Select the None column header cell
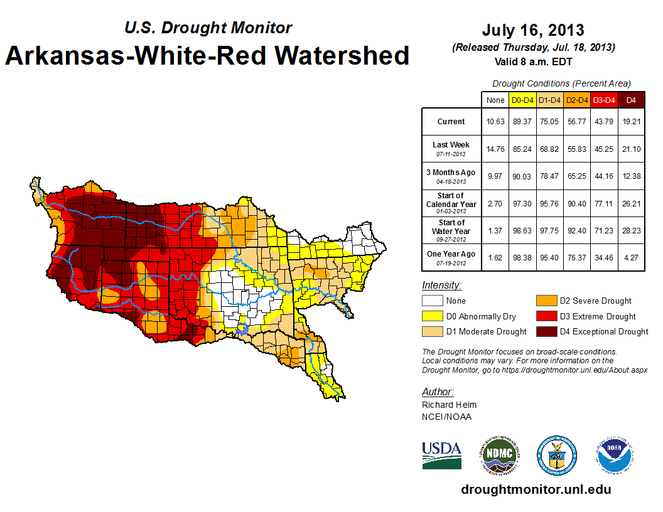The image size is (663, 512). pyautogui.click(x=495, y=100)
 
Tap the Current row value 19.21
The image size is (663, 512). pyautogui.click(x=632, y=122)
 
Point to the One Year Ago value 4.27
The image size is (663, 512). pyautogui.click(x=632, y=257)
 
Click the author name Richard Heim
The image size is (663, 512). pyautogui.click(x=449, y=405)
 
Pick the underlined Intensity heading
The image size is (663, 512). pyautogui.click(x=441, y=285)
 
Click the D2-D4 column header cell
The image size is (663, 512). pyautogui.click(x=576, y=100)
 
